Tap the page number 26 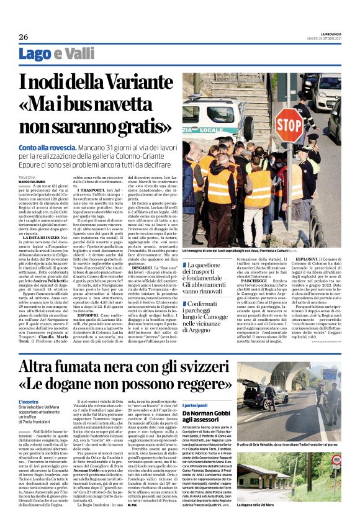(24, 37)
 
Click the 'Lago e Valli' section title (53, 54)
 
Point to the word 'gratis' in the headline (145, 127)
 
